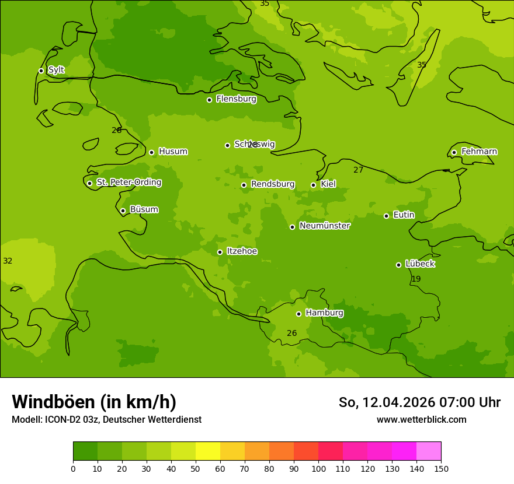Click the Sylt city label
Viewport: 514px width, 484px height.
56,70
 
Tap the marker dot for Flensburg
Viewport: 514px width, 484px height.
209,100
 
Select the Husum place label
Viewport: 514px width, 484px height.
173,152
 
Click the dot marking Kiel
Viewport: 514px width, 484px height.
313,185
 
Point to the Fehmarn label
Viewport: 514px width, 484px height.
479,152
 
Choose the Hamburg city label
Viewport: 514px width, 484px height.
324,313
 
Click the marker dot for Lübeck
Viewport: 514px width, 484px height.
398,265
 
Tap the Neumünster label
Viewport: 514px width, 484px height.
325,226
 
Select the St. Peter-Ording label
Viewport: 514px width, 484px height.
129,183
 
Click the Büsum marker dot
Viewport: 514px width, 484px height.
123,211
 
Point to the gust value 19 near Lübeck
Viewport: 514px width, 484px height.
416,279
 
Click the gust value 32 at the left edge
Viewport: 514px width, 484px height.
8,261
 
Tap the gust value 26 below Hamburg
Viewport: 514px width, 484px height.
292,334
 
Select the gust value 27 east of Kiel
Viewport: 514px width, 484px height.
359,170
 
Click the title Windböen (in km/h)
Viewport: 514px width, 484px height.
94,402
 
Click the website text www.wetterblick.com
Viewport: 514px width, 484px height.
421,420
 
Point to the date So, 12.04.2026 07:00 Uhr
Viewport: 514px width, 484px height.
419,402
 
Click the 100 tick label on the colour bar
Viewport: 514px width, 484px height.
318,469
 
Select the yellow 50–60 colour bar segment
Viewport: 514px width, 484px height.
208,451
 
